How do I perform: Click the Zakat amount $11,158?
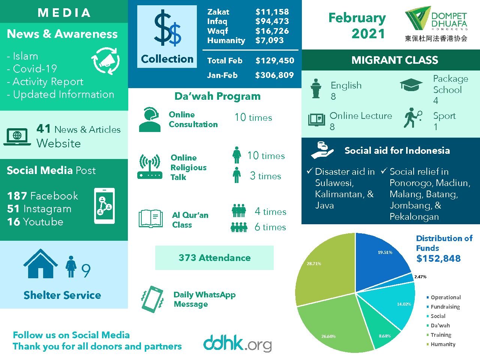[x=272, y=12]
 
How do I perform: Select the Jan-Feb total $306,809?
[x=274, y=75]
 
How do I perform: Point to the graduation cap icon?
[x=411, y=85]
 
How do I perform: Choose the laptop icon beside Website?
[x=17, y=136]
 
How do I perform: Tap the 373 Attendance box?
[x=214, y=258]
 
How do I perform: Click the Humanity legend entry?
[x=442, y=344]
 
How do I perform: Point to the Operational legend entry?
[x=445, y=297]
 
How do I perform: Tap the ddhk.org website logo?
[x=237, y=342]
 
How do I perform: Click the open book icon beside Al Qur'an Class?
[x=150, y=219]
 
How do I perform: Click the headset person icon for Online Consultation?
[x=150, y=120]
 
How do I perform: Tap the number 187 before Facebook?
[x=17, y=196]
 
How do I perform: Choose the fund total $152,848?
[x=438, y=258]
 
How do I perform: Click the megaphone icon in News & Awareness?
[x=106, y=61]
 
